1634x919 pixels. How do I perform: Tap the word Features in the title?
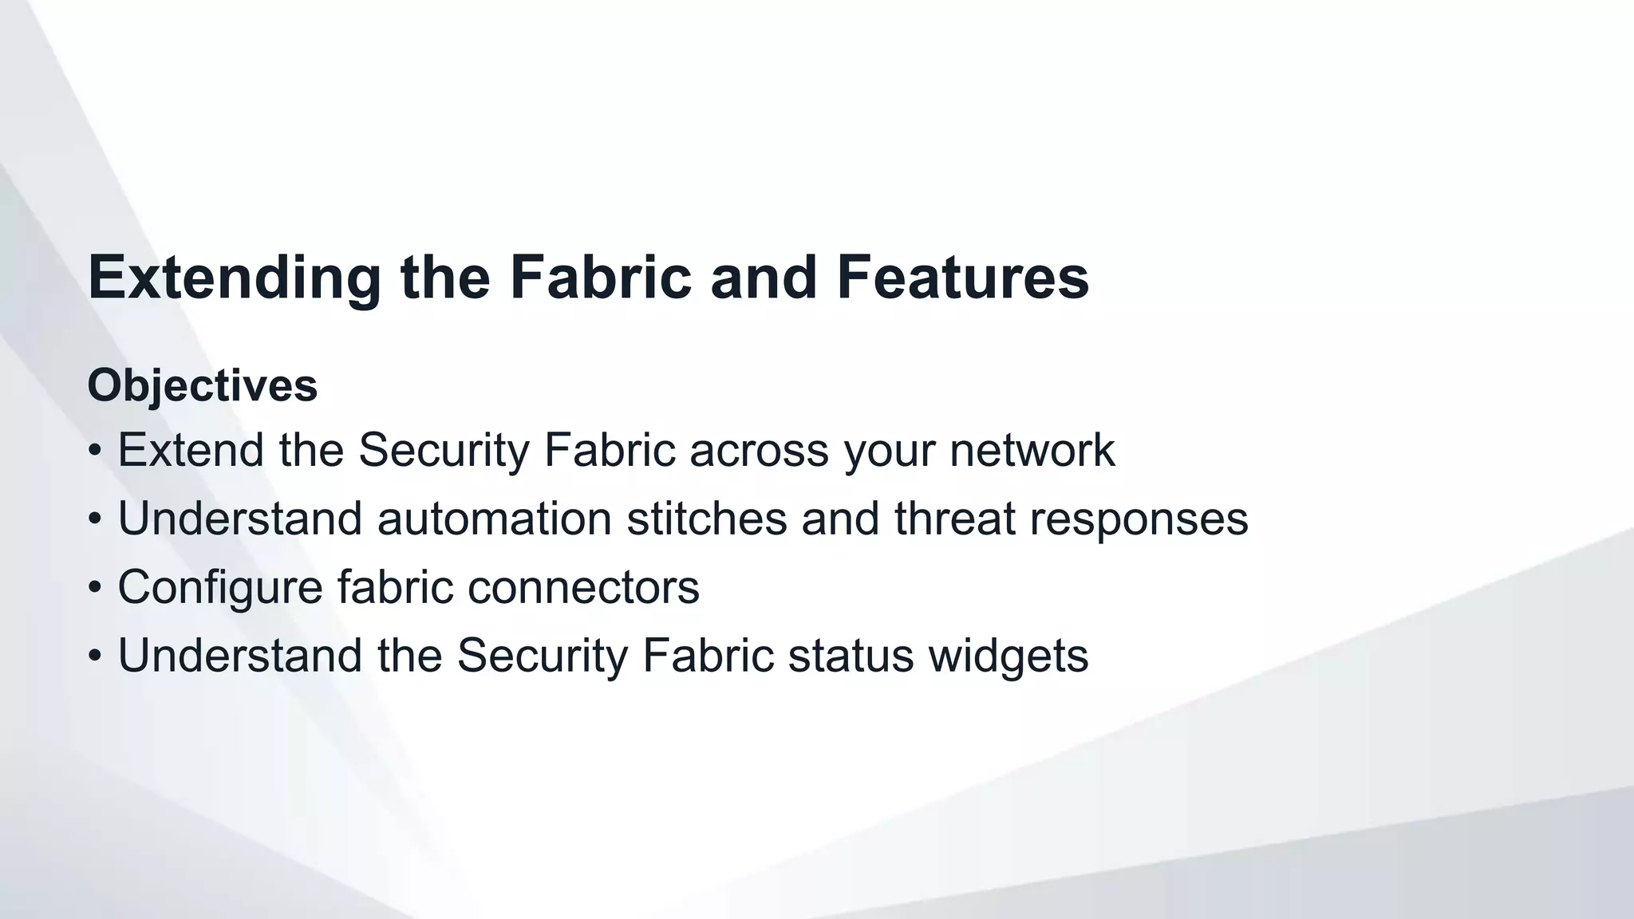coord(962,277)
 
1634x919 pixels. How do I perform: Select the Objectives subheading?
coord(203,385)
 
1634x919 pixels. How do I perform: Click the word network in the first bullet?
coord(1032,450)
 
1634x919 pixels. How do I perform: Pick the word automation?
coord(495,519)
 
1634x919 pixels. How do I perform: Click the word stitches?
coord(707,519)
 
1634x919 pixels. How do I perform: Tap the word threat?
coord(955,519)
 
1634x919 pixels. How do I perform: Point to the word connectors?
coord(583,587)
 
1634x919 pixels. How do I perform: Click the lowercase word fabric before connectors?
coord(395,587)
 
